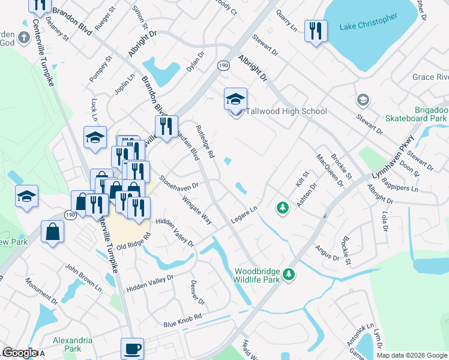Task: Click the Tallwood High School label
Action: (x=286, y=111)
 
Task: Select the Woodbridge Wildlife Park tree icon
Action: (x=289, y=274)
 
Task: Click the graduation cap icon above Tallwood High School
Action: (x=235, y=98)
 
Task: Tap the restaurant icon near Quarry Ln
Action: (x=316, y=31)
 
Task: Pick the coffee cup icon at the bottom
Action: (x=132, y=348)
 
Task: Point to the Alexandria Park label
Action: (x=73, y=344)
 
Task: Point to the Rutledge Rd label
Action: (x=205, y=142)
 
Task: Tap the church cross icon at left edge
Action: (x=24, y=38)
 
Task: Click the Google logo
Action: (x=20, y=353)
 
